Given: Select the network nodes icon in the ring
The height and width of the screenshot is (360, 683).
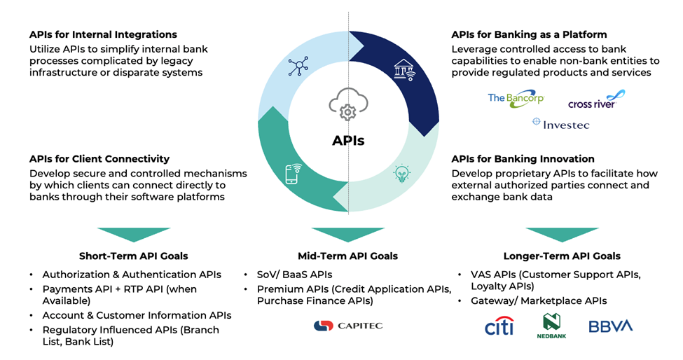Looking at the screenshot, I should point(298,67).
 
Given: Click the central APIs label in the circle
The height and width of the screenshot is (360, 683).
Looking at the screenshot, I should point(348,141).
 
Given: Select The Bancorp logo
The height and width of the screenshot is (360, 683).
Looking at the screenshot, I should point(516,98).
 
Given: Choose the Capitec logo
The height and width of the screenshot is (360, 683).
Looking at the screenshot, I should point(348,326).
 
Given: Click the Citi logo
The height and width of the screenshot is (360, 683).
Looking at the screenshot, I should point(499,326).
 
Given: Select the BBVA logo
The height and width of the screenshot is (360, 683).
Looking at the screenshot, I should point(610,326).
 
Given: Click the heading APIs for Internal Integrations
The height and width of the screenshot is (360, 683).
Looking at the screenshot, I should point(103,34).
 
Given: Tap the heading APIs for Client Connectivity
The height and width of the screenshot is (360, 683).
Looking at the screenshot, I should point(99,159).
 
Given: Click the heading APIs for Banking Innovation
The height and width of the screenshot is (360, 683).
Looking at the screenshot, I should point(523,159).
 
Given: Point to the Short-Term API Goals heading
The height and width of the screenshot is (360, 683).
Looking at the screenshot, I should point(133,256).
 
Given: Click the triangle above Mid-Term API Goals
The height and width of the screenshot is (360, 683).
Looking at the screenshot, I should point(347,234).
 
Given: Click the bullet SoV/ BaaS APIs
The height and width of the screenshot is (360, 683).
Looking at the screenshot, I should point(294,275).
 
